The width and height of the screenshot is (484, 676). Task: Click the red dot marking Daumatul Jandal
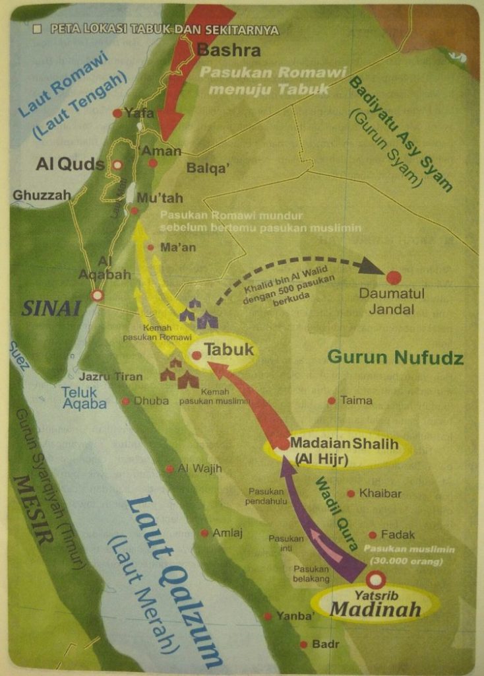pos(394,278)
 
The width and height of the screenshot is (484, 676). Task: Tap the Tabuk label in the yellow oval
pos(229,350)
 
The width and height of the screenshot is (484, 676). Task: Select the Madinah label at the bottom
pos(375,609)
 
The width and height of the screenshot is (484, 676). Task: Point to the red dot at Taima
pos(332,401)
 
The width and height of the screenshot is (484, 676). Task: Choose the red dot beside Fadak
pos(373,535)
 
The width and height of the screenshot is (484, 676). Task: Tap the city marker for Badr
pos(303,644)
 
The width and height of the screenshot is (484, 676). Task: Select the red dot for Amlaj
pos(204,533)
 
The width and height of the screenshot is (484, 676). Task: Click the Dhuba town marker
pos(125,401)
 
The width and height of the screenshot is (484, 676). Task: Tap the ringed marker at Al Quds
pos(117,165)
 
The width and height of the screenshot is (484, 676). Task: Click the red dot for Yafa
pos(117,114)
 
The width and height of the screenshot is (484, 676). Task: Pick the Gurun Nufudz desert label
pos(395,358)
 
